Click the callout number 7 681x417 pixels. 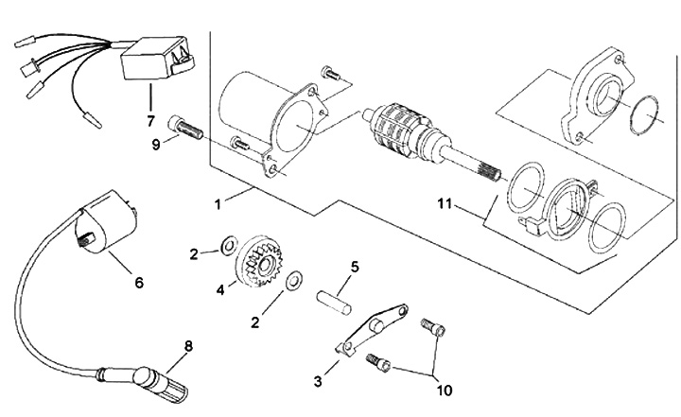(x=150, y=121)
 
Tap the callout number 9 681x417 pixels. (x=156, y=145)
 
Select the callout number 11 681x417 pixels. (x=445, y=203)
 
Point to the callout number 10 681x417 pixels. (x=444, y=391)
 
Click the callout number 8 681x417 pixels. (x=188, y=346)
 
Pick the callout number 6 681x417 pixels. (x=139, y=283)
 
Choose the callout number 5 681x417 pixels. (x=355, y=267)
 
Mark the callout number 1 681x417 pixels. (x=218, y=203)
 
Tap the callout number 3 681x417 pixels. (x=318, y=381)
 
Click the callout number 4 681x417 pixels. (x=220, y=289)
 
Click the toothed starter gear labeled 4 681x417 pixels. (x=259, y=264)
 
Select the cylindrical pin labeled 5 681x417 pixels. (x=334, y=302)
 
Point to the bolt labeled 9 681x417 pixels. (x=184, y=129)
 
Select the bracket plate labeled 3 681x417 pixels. (x=372, y=330)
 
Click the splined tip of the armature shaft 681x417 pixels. (x=490, y=174)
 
